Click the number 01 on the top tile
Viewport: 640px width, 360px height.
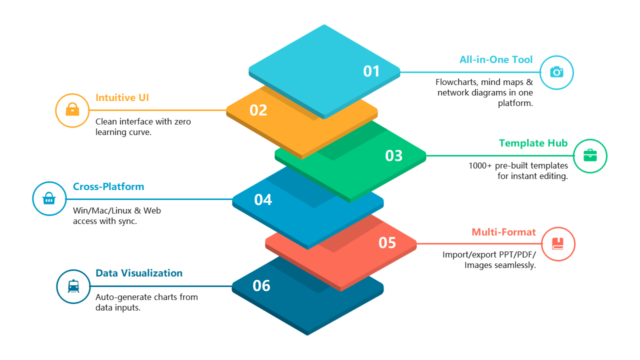coord(371,71)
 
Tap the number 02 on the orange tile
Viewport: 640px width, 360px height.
coord(258,110)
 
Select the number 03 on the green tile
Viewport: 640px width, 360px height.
coord(393,155)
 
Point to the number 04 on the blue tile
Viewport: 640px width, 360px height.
coord(263,199)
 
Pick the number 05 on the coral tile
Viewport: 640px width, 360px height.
coord(387,242)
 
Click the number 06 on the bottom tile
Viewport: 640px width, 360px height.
coord(261,285)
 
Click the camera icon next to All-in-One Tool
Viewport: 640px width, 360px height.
coord(556,72)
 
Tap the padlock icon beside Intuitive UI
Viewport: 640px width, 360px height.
coord(72,109)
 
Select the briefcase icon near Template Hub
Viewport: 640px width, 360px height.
coord(590,155)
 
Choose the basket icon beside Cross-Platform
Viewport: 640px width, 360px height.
coord(49,198)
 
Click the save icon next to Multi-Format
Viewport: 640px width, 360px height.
coord(558,243)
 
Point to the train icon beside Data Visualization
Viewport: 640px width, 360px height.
coord(73,286)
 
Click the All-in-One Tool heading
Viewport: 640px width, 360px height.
coord(496,59)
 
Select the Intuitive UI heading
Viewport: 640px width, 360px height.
coord(122,97)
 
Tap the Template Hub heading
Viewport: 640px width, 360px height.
coord(533,143)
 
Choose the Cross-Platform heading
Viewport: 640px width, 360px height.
coord(108,186)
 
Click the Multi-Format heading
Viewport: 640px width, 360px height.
coord(503,232)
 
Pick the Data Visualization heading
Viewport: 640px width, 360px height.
coord(139,273)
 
